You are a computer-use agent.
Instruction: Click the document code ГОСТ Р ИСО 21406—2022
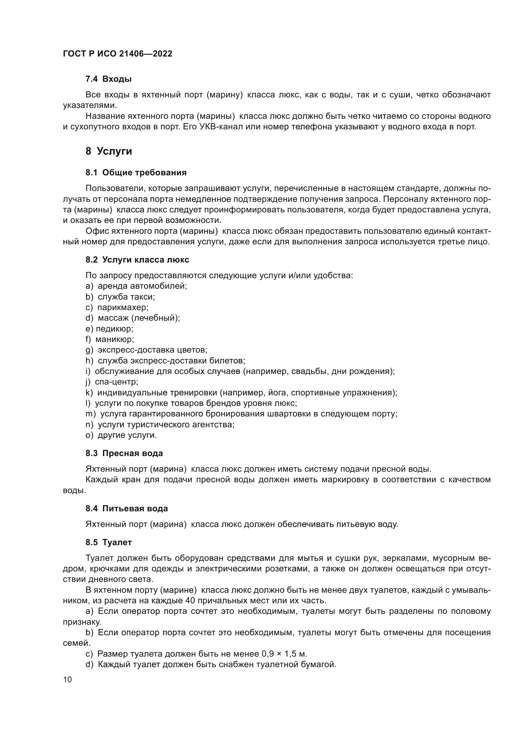pyautogui.click(x=118, y=54)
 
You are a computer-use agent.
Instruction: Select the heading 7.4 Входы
pyautogui.click(x=108, y=79)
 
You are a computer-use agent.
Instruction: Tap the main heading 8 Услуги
pyautogui.click(x=109, y=151)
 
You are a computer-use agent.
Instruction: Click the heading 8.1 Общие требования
pyautogui.click(x=136, y=172)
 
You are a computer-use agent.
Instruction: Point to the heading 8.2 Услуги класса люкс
pyautogui.click(x=137, y=260)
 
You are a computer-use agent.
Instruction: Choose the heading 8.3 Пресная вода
pyautogui.click(x=124, y=453)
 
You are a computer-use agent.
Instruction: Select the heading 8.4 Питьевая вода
pyautogui.click(x=127, y=508)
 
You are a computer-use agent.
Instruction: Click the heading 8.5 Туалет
pyautogui.click(x=108, y=542)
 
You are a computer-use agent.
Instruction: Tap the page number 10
pyautogui.click(x=67, y=680)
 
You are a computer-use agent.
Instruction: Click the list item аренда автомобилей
pyautogui.click(x=142, y=286)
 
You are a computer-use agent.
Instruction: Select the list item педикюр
pyautogui.click(x=114, y=329)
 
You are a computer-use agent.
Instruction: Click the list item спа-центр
pyautogui.click(x=116, y=382)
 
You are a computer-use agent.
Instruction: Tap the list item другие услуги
pyautogui.click(x=127, y=435)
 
